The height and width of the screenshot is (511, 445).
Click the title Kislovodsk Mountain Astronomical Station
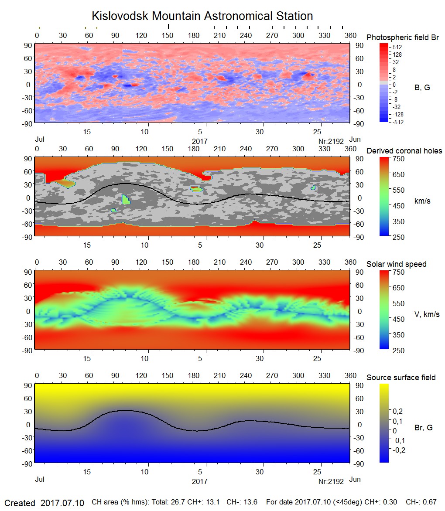tap(202, 16)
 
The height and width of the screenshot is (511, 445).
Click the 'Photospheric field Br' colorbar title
tap(403, 37)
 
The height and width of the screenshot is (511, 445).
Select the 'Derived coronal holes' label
tap(404, 151)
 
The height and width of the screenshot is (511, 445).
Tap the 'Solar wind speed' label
tap(396, 264)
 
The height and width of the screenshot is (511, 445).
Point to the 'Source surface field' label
tap(401, 378)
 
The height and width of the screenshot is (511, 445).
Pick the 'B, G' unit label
tap(422, 88)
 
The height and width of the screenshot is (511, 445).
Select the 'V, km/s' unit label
tap(427, 314)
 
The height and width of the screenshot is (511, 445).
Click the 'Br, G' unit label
tap(423, 428)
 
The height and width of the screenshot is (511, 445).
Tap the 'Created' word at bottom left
tap(20, 503)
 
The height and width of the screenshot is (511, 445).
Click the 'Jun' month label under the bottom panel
tap(355, 480)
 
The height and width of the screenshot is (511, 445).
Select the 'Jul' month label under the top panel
tap(40, 140)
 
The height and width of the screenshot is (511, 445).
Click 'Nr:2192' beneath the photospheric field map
tap(332, 141)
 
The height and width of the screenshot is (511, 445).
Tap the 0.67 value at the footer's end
tap(430, 503)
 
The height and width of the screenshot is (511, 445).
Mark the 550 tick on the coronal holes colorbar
tap(398, 190)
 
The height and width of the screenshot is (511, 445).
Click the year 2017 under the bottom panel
tap(200, 481)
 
